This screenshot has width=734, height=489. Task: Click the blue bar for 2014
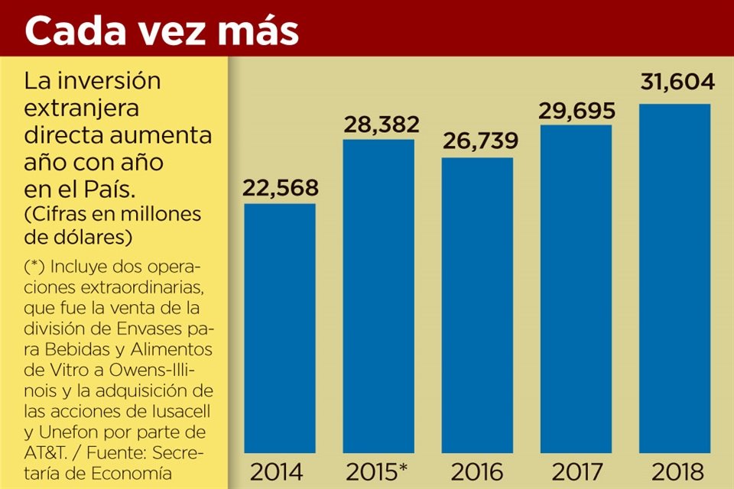pyautogui.click(x=280, y=329)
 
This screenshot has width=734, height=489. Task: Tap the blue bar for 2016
pyautogui.click(x=477, y=306)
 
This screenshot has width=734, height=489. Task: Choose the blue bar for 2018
pyautogui.click(x=674, y=278)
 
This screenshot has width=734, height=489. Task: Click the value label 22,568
pyautogui.click(x=280, y=188)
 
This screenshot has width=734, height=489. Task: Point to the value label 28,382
pyautogui.click(x=378, y=124)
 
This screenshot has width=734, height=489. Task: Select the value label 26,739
pyautogui.click(x=477, y=142)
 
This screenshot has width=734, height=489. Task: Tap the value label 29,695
pyautogui.click(x=576, y=110)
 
